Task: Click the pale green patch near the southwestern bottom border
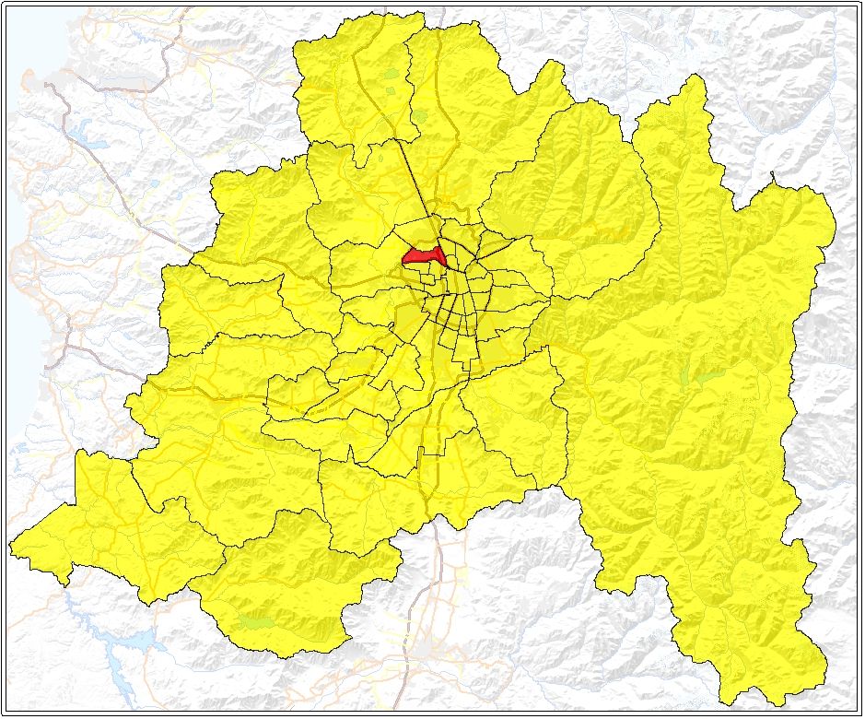(x=254, y=622)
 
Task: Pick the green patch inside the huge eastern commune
(x=705, y=377)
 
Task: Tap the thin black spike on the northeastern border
(x=774, y=175)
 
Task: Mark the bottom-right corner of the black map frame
(x=859, y=713)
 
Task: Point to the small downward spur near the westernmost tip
(x=65, y=582)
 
